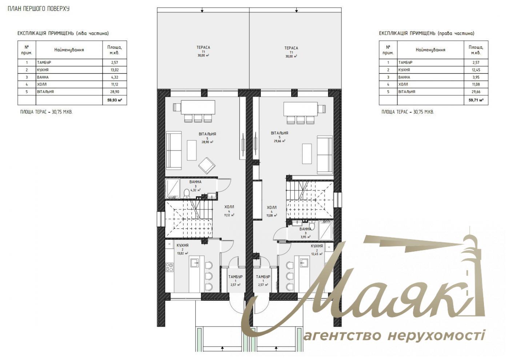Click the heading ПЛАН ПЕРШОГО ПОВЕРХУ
[39, 9]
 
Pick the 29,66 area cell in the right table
[476, 92]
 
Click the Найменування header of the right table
[430, 50]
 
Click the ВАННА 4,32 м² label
[195, 185]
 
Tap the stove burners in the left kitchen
[169, 268]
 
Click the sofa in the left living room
[174, 151]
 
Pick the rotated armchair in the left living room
[207, 165]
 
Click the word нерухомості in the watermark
[436, 336]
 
